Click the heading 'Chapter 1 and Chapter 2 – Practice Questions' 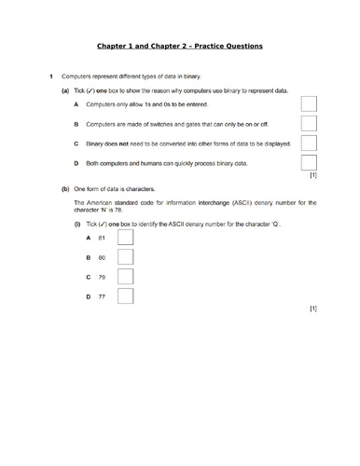click(x=180, y=46)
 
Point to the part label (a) click(x=64, y=91)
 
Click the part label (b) click(x=64, y=188)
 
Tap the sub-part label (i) click(x=77, y=226)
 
